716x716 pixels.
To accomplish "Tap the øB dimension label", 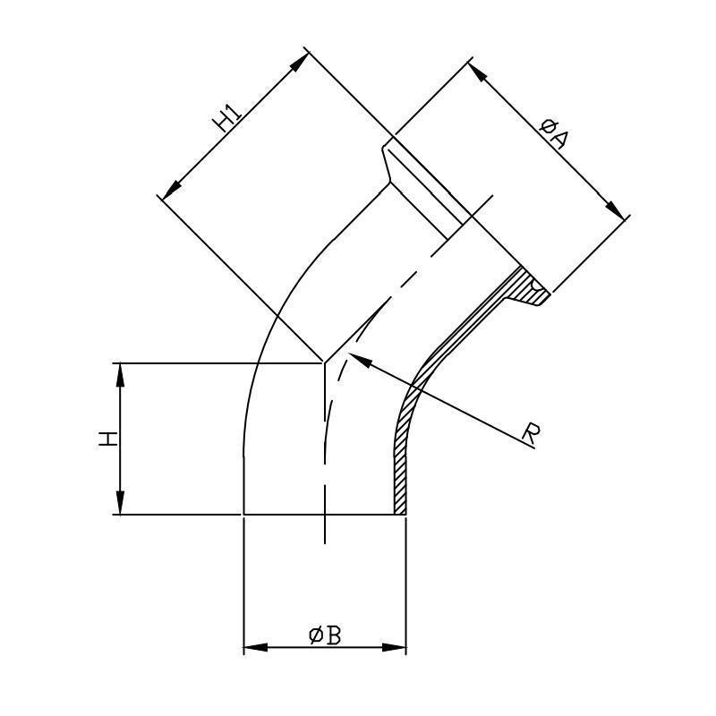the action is [x=325, y=636].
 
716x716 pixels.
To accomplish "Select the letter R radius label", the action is [x=531, y=434].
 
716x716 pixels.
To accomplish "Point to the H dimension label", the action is [x=108, y=439].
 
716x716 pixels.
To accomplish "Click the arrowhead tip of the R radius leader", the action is [x=348, y=353].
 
